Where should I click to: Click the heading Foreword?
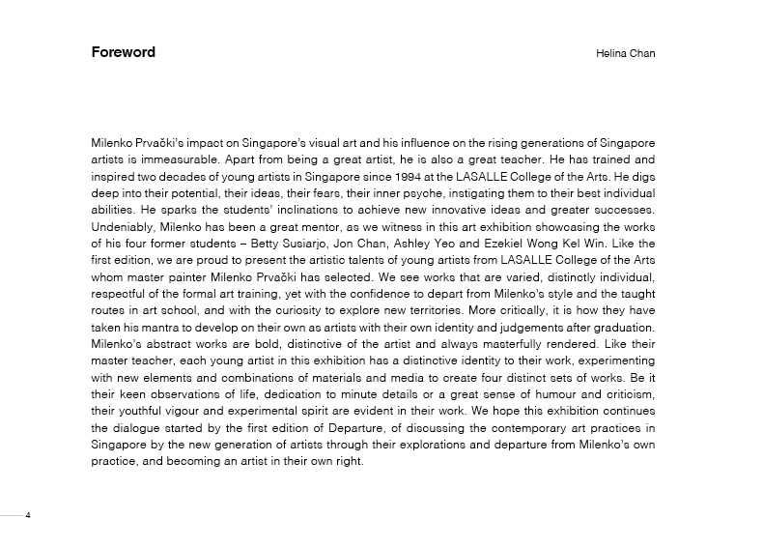tap(123, 52)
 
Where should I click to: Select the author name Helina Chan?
tap(625, 53)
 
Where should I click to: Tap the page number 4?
tap(28, 515)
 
